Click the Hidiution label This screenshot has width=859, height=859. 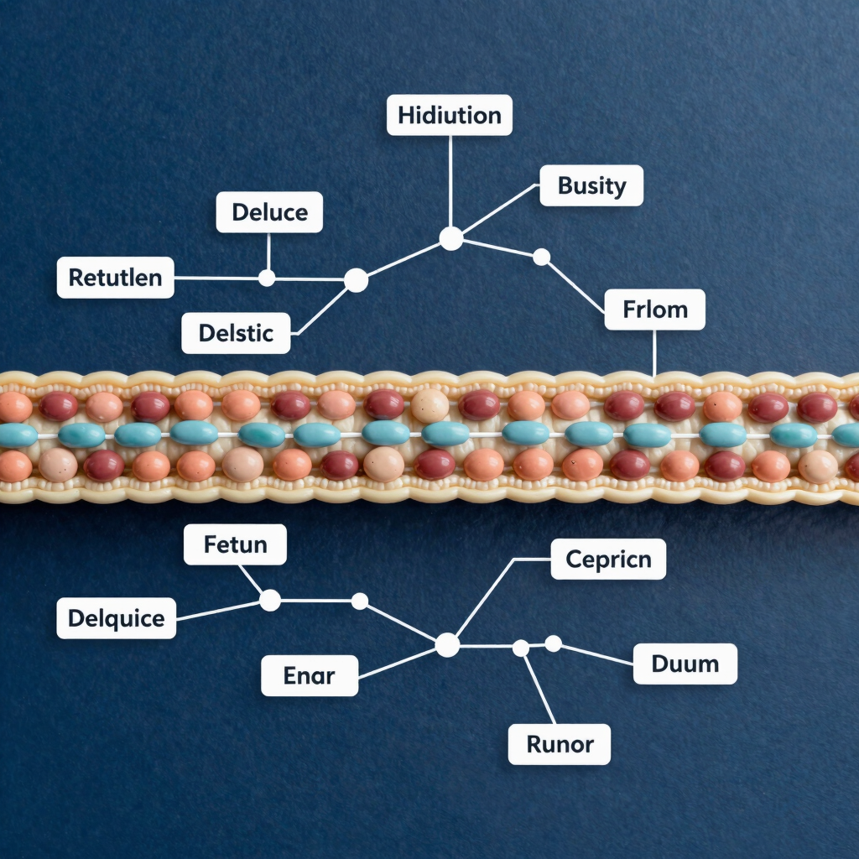tap(450, 115)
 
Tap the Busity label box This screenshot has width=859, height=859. tap(591, 185)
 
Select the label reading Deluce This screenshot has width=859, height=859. tap(269, 212)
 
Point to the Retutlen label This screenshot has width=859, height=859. tap(116, 277)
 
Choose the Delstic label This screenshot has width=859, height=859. tap(236, 333)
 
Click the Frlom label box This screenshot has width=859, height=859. tap(654, 310)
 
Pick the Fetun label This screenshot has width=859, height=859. tap(235, 544)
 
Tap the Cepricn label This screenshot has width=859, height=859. tap(608, 560)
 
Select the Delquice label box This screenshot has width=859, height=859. tap(116, 618)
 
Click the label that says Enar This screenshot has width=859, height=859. tap(310, 675)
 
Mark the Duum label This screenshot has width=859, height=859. tap(685, 664)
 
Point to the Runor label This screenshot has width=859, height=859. tap(560, 744)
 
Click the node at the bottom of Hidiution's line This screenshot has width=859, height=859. tap(451, 239)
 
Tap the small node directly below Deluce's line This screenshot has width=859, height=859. tap(267, 278)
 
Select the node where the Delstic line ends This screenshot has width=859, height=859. tap(356, 280)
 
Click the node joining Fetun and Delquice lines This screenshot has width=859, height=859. tap(270, 601)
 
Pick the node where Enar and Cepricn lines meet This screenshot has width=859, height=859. tap(448, 645)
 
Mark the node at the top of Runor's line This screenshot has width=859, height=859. tap(521, 648)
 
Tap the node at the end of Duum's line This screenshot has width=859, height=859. tap(554, 643)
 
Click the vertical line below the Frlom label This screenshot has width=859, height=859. tap(654, 353)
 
